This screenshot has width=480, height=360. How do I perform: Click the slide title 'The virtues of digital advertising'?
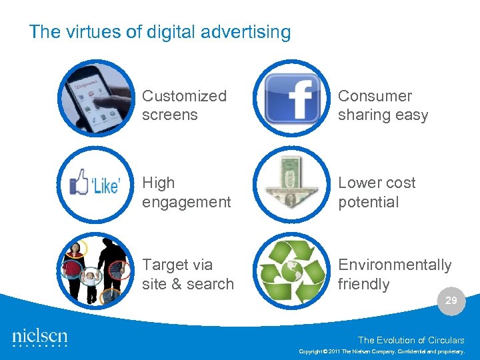coord(160,32)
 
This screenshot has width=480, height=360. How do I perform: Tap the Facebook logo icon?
coord(293,99)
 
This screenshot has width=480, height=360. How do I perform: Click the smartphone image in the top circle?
coord(97,99)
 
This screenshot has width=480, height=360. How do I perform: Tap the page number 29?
coord(451,301)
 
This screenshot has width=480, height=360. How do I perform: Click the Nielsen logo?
coord(40,337)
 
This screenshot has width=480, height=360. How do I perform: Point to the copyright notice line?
coord(386,351)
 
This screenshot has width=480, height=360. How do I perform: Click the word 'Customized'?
coord(184,96)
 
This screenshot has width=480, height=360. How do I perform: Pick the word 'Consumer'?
coord(375,96)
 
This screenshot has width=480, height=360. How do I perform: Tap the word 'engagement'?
coord(186,202)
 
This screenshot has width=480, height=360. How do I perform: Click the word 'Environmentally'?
coord(395,265)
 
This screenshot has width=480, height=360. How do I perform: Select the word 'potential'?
coord(368,202)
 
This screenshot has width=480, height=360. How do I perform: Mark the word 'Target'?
coord(167,265)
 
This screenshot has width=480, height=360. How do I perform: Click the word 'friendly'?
coord(363,284)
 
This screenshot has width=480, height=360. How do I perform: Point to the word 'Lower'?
coord(359,183)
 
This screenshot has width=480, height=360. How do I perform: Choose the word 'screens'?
coord(169,115)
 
